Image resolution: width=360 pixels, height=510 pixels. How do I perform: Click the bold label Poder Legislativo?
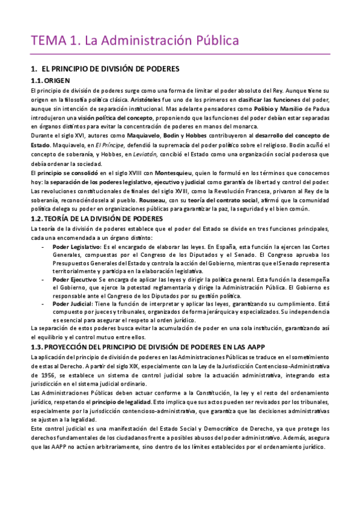click(76, 247)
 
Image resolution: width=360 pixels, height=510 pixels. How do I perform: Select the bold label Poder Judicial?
click(72, 304)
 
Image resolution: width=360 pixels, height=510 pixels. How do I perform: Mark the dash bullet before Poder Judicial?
click(42, 304)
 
